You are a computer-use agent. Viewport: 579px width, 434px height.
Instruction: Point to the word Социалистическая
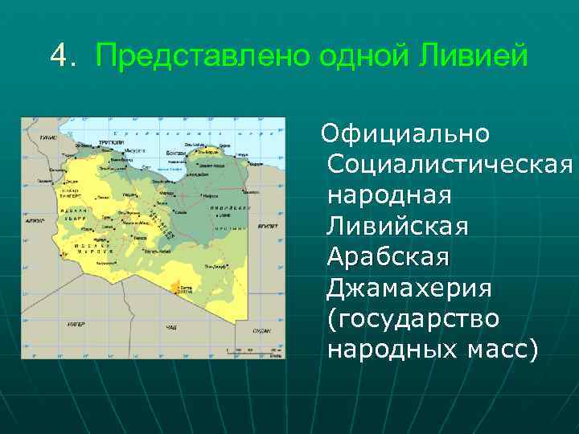click(450, 165)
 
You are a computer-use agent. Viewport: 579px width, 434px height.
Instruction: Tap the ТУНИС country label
click(47, 137)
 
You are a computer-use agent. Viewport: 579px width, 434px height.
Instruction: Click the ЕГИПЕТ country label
click(267, 227)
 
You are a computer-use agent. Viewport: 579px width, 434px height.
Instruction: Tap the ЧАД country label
click(171, 329)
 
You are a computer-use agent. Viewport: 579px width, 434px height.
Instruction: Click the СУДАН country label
click(261, 330)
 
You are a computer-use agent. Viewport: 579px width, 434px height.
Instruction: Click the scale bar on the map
click(249, 350)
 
